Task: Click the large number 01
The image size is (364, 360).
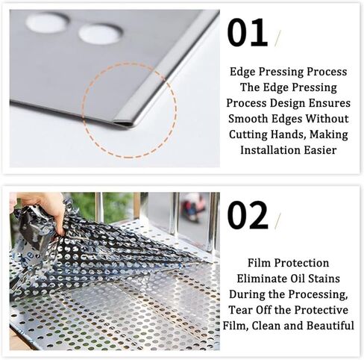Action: click(x=247, y=34)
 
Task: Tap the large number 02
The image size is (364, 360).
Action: click(x=248, y=215)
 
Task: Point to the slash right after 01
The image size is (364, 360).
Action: click(x=278, y=38)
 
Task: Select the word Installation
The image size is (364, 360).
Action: click(x=273, y=149)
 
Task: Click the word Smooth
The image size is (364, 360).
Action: click(x=249, y=117)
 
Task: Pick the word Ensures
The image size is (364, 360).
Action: click(x=324, y=102)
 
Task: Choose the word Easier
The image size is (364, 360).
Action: click(x=321, y=149)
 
